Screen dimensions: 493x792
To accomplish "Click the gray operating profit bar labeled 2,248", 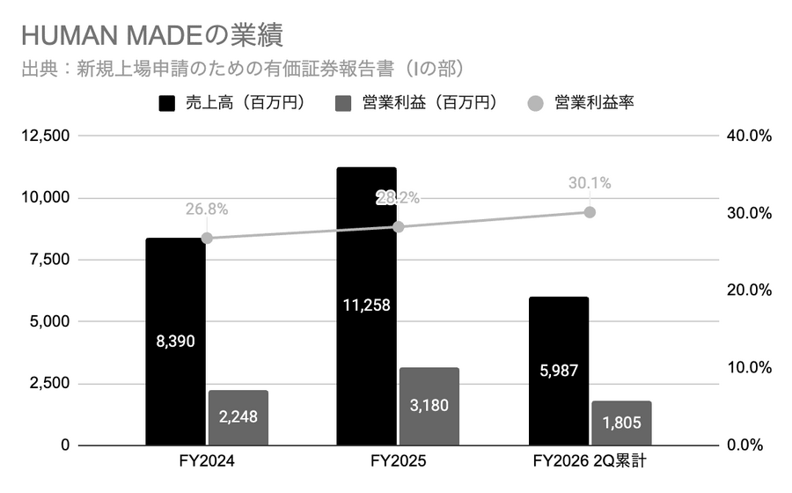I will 238,417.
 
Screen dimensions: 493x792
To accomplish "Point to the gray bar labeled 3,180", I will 429,406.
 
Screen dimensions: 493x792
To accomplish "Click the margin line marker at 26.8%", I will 207,238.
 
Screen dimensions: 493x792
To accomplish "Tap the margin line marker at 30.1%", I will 590,212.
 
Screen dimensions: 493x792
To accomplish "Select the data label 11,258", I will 367,305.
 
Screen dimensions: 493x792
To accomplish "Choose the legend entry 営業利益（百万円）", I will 417,103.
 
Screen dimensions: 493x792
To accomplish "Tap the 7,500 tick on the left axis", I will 51,260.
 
